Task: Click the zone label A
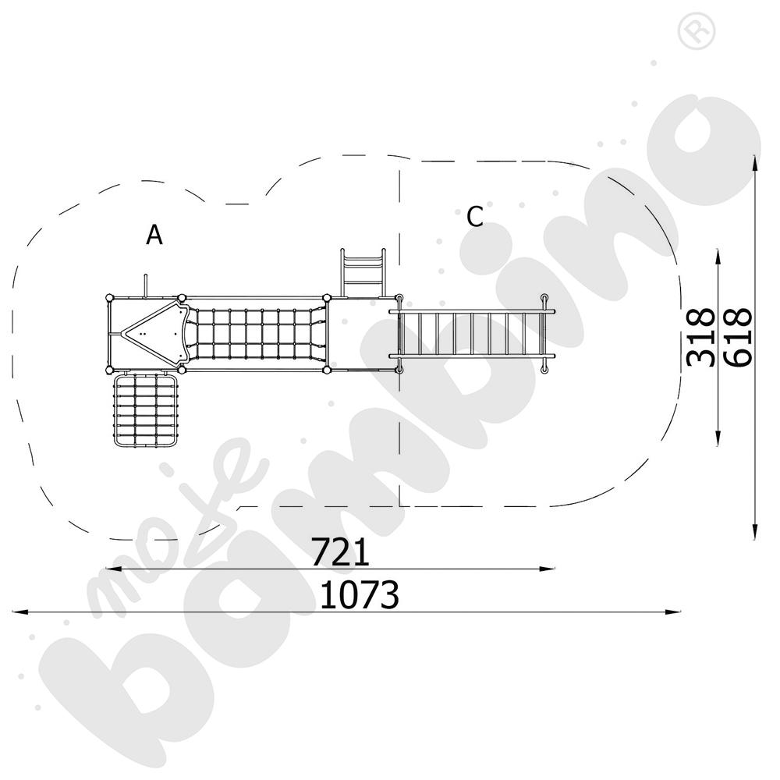(154, 234)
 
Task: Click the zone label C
(474, 217)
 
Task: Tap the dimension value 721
(340, 552)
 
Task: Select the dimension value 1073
(360, 595)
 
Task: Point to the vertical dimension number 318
(700, 336)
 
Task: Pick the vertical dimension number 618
(737, 336)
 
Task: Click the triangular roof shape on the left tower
(152, 331)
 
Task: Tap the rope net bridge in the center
(257, 334)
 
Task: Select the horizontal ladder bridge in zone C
(471, 334)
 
